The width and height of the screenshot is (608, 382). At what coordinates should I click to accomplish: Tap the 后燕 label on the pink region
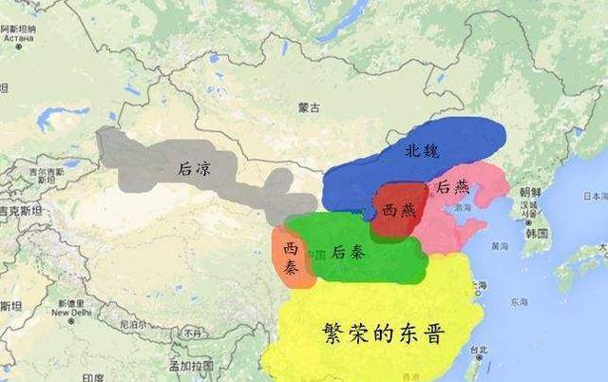(450, 188)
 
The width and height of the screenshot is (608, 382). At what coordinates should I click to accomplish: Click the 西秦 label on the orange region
(290, 257)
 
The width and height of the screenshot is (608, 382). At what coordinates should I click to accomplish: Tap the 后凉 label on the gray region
(193, 168)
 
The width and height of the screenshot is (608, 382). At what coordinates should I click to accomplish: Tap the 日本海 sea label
(595, 196)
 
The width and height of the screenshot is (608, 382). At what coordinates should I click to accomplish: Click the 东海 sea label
(520, 303)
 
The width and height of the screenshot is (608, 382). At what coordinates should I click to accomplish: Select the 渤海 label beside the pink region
(464, 206)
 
